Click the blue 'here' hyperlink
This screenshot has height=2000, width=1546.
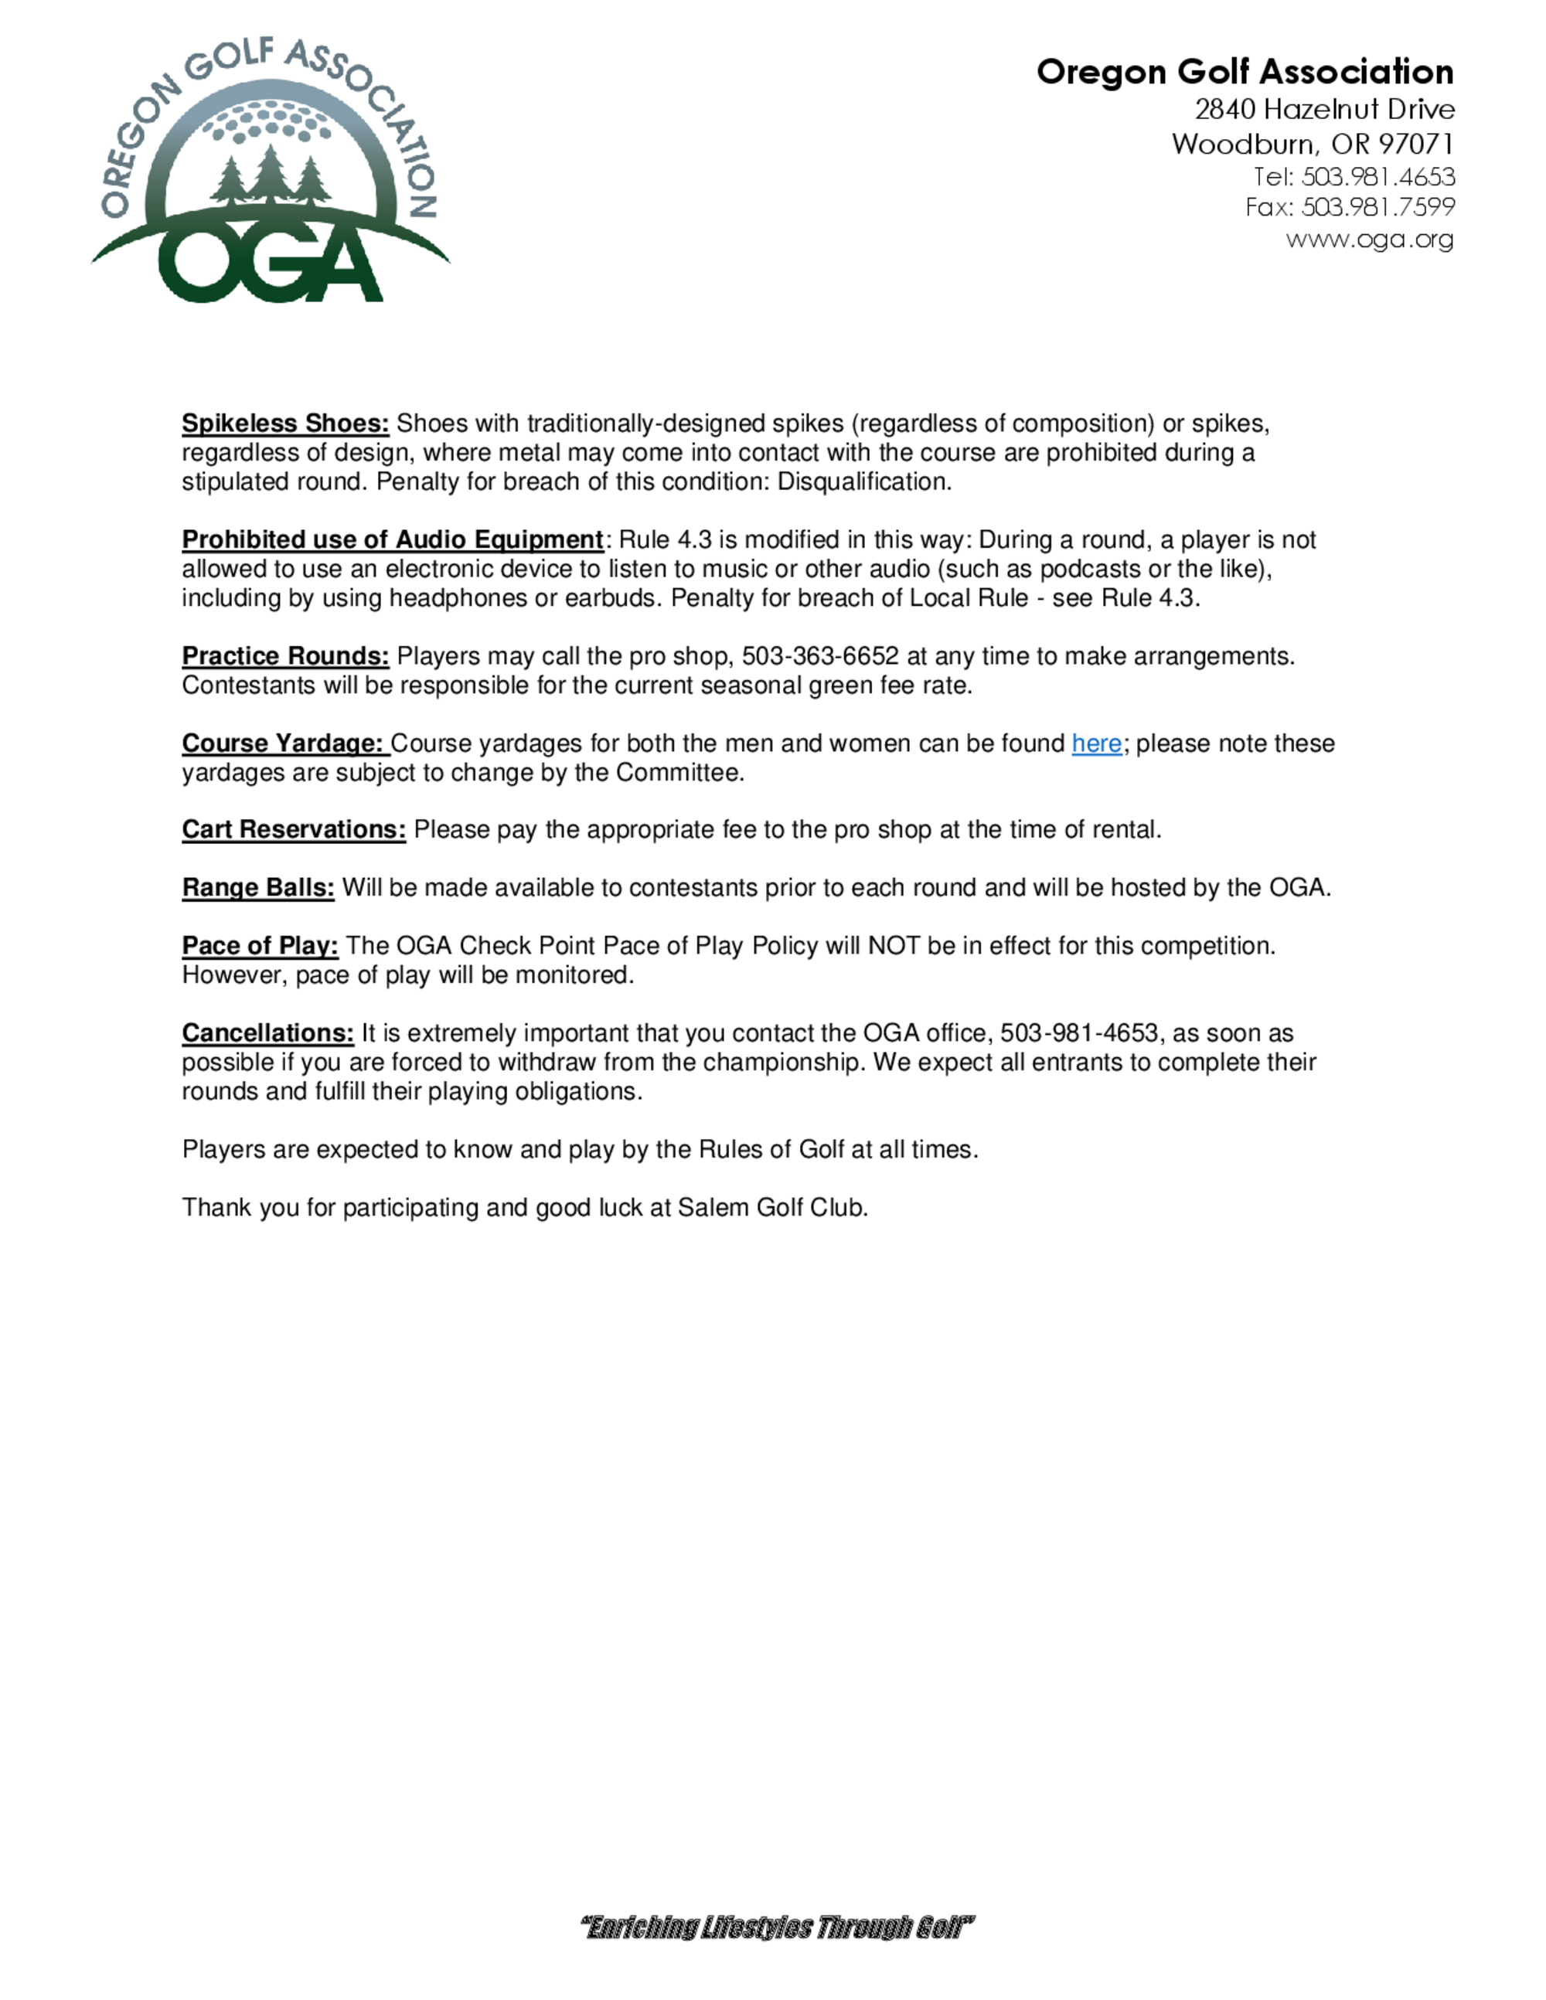[x=1095, y=743]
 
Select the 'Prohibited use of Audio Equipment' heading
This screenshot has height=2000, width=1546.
[x=392, y=540]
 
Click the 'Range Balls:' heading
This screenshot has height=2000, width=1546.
[x=257, y=888]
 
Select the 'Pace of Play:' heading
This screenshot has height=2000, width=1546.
[x=259, y=946]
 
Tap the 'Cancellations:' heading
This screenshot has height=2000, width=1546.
[x=267, y=1033]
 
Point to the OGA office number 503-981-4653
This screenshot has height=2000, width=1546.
[x=1079, y=1033]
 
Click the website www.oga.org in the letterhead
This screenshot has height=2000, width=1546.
[x=1369, y=240]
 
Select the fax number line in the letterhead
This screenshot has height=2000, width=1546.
[x=1349, y=208]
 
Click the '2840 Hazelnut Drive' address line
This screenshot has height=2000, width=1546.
[x=1323, y=110]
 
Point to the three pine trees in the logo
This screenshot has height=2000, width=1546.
[x=271, y=174]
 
